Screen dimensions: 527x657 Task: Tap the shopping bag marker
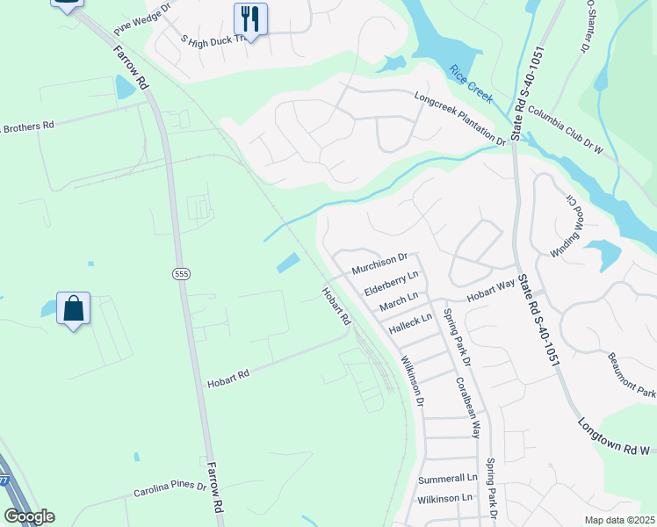(x=74, y=308)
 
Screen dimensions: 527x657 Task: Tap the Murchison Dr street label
(x=379, y=262)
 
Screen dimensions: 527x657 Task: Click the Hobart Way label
(x=490, y=292)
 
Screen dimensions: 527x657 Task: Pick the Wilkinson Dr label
(x=413, y=379)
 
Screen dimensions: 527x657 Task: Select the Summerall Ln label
(x=447, y=479)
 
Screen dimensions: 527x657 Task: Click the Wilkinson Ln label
(x=444, y=498)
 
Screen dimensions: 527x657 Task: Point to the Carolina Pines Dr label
(x=170, y=488)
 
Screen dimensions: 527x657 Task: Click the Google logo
(x=29, y=516)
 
